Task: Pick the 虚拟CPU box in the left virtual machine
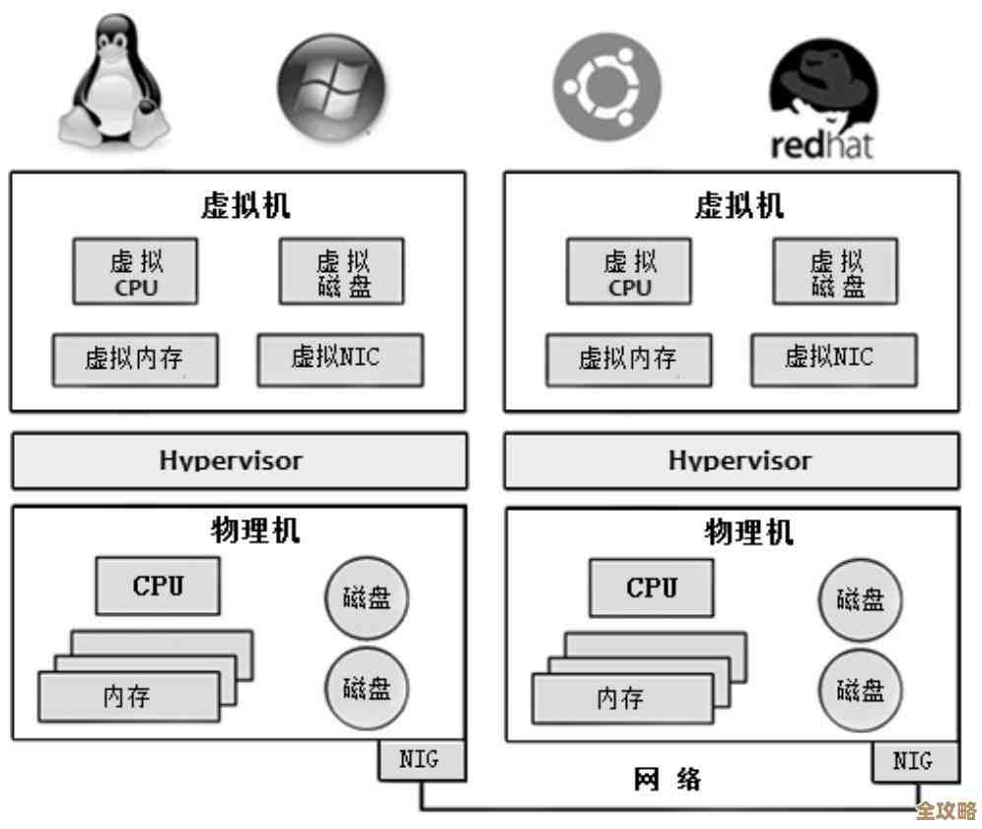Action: (x=135, y=272)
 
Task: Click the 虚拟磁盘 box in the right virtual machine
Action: (x=836, y=272)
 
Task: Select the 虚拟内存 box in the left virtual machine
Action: (x=135, y=360)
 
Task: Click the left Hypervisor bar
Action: (x=239, y=460)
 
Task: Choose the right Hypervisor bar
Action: (x=731, y=460)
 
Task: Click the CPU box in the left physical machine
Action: (x=158, y=587)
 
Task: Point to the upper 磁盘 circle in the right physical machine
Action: (x=860, y=599)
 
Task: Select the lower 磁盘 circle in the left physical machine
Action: (x=367, y=688)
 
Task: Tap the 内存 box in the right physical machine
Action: (x=622, y=698)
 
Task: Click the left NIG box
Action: (x=419, y=760)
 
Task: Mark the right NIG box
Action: (x=911, y=761)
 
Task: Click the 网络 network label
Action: (x=666, y=780)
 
